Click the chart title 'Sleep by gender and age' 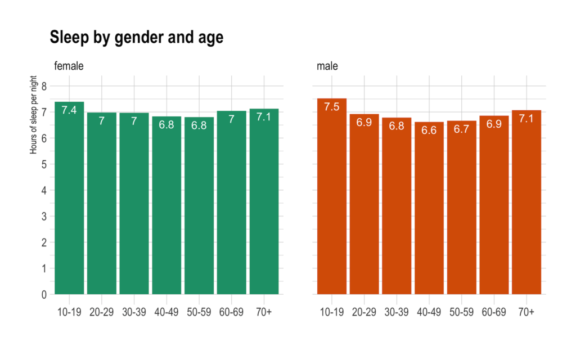click(x=137, y=38)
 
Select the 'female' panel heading click(x=69, y=66)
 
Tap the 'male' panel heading click(x=327, y=66)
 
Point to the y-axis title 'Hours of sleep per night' click(x=33, y=115)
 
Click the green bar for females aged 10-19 click(x=69, y=198)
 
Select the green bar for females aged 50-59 click(x=199, y=206)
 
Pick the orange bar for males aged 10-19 click(x=332, y=196)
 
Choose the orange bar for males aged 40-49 click(x=429, y=208)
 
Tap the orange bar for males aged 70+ click(x=526, y=202)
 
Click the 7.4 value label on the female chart click(x=69, y=110)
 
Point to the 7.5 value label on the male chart click(x=332, y=107)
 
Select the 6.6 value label click(x=429, y=130)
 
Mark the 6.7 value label click(x=461, y=129)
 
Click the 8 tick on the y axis click(x=44, y=86)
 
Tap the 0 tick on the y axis click(x=44, y=295)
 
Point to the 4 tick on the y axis click(x=44, y=191)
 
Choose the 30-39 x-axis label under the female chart click(x=134, y=312)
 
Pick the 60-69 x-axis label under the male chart click(x=494, y=312)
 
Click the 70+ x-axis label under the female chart click(x=264, y=312)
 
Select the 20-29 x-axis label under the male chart click(x=364, y=312)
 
